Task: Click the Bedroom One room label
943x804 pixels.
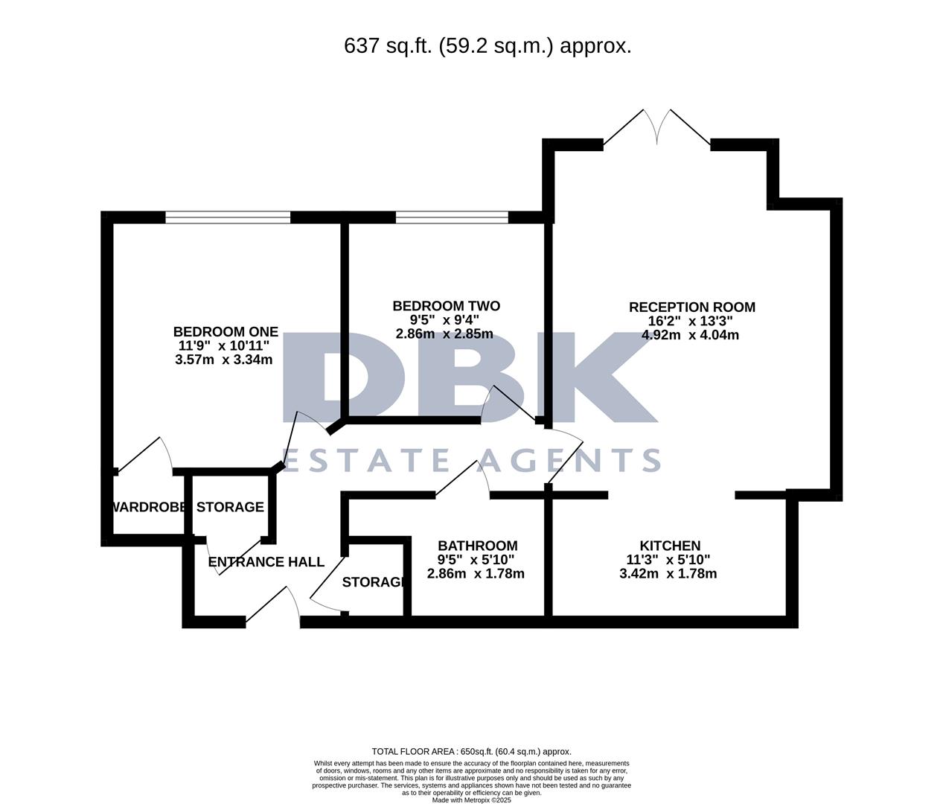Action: [x=226, y=332]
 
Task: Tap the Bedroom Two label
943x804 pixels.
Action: [x=446, y=306]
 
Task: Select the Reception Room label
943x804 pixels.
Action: [x=691, y=307]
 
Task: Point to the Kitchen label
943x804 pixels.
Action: [x=670, y=546]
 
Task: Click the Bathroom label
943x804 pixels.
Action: [x=477, y=546]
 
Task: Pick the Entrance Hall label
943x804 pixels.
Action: [x=266, y=562]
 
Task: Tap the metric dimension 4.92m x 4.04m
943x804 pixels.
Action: [x=690, y=335]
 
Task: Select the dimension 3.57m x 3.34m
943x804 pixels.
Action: [x=223, y=360]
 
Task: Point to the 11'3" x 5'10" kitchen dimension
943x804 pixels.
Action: [x=668, y=560]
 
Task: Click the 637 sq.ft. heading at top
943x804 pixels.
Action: [x=488, y=46]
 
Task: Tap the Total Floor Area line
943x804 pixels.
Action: [x=471, y=752]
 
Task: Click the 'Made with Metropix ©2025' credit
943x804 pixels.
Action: [x=471, y=800]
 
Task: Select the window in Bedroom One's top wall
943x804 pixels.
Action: [x=228, y=217]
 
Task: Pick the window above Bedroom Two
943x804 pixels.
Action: [x=452, y=217]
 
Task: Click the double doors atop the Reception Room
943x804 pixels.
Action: [x=656, y=128]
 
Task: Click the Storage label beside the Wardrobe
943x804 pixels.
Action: [x=230, y=507]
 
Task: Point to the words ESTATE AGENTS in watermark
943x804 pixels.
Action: [x=470, y=461]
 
